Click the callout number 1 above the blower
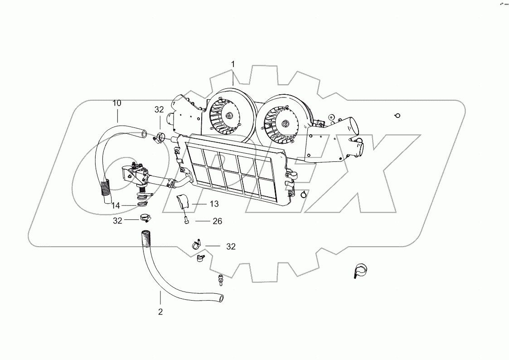(233, 64)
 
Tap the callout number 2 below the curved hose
(160, 311)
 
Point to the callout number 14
(116, 205)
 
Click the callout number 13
(202, 204)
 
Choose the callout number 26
(217, 221)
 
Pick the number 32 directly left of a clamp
(118, 220)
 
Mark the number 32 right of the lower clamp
(231, 247)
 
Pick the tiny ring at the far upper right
(397, 116)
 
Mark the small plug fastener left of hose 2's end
(220, 280)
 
